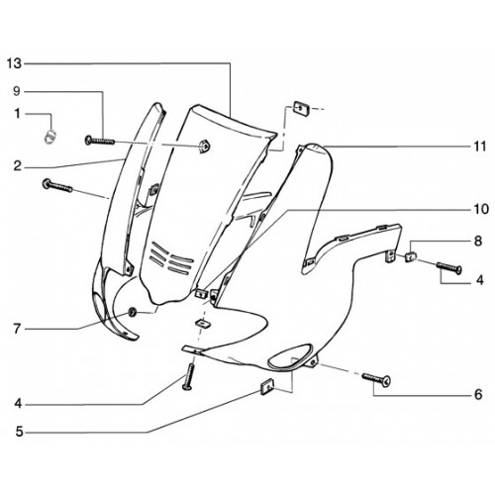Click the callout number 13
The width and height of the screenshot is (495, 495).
coord(14,63)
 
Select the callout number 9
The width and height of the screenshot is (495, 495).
coord(17,91)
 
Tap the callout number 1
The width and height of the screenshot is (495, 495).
coord(17,114)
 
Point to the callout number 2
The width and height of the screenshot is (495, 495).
coord(17,166)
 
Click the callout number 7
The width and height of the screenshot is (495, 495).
coord(17,329)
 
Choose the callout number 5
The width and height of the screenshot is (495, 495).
coord(19,432)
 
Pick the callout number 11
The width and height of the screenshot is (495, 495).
coord(480,146)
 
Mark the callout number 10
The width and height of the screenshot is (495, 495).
coord(481,209)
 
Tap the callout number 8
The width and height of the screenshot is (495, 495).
coord(478,241)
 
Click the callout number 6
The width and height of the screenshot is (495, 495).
coord(478,394)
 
